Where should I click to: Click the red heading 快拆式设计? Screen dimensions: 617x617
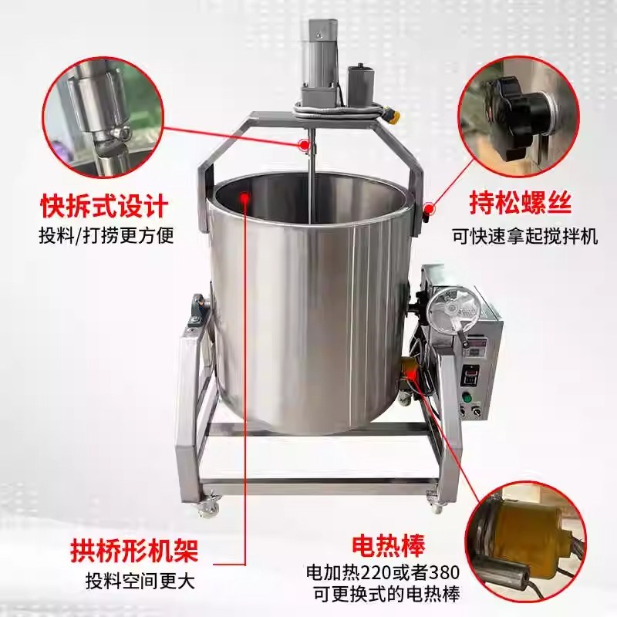[x=104, y=207]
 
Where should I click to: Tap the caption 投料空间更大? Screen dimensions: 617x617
[x=141, y=579]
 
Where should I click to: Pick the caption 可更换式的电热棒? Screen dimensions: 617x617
[x=383, y=595]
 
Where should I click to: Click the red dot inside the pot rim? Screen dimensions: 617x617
[x=246, y=197]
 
